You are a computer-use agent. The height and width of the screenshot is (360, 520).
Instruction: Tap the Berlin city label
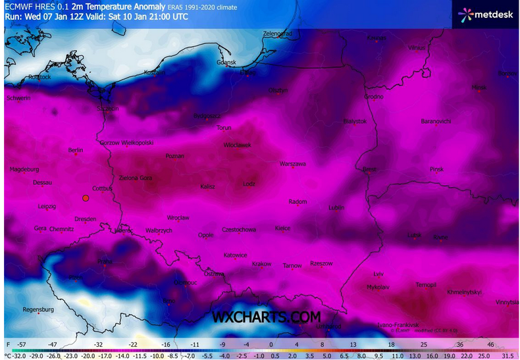tap(76, 150)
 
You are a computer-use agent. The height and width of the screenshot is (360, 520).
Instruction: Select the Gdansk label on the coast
tap(226, 63)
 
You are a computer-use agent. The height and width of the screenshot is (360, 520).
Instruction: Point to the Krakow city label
tap(261, 264)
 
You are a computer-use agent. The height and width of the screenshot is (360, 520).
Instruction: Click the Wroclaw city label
tap(178, 217)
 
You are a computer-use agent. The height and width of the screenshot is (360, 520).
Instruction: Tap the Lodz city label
tap(248, 184)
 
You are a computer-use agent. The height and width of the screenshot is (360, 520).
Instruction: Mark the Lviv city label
tap(378, 273)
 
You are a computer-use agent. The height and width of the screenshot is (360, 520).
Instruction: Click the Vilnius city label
tap(415, 48)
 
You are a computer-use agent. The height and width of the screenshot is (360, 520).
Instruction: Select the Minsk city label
tap(479, 87)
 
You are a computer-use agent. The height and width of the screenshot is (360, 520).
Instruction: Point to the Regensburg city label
tap(38, 309)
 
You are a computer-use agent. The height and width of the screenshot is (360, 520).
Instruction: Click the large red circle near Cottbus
tap(85, 197)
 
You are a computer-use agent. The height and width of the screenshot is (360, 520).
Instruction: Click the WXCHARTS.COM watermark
tap(266, 317)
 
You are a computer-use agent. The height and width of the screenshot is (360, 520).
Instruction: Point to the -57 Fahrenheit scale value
tap(22, 344)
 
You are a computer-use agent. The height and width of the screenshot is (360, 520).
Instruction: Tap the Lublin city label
tap(336, 208)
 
